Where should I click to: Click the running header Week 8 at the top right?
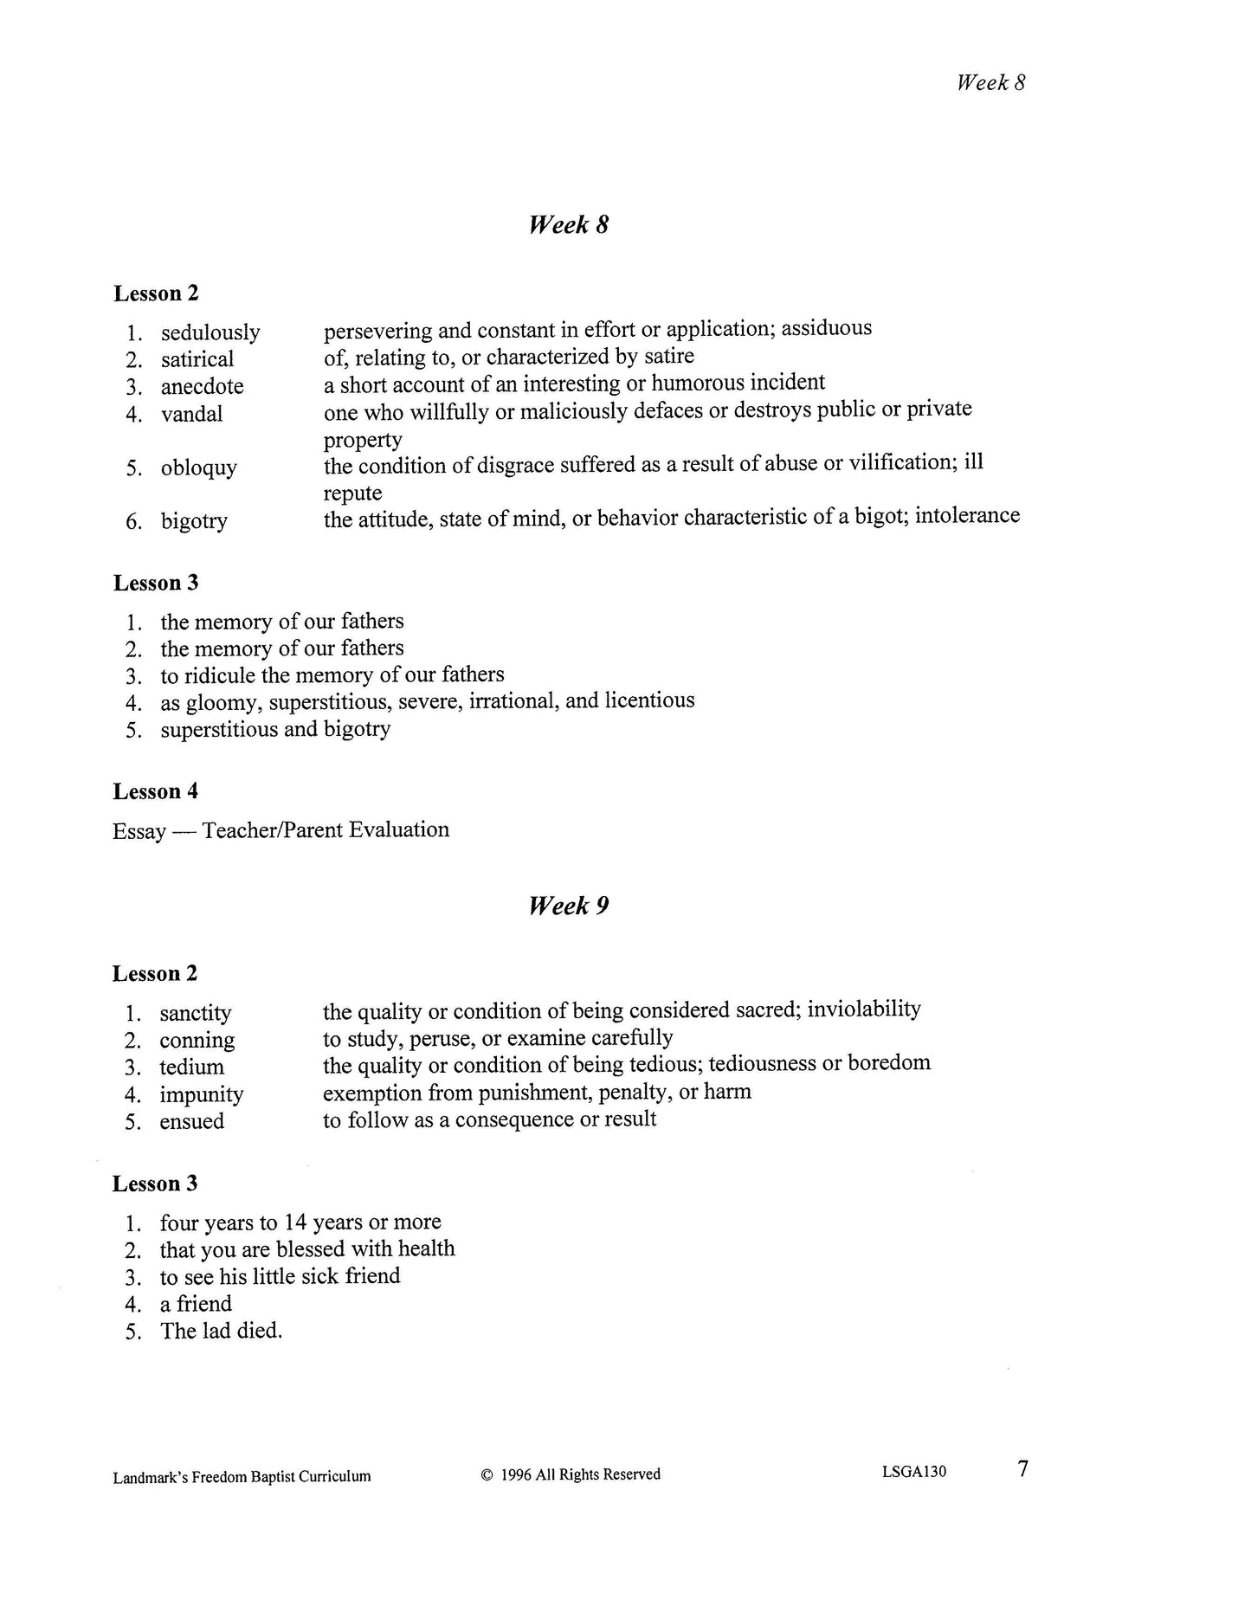[x=990, y=83]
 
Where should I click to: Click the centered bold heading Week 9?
[x=568, y=906]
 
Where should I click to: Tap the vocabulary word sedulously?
[x=210, y=332]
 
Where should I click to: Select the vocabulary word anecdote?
[x=202, y=386]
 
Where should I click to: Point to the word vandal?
[x=191, y=414]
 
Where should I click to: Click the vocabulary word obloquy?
[x=198, y=468]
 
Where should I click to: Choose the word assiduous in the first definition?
[x=827, y=328]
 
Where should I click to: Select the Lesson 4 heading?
[x=155, y=791]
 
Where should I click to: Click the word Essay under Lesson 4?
[x=139, y=831]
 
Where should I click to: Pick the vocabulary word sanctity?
[x=195, y=1013]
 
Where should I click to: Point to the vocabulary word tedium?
[x=191, y=1067]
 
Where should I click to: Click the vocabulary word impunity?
[x=201, y=1094]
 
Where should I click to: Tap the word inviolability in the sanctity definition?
[x=863, y=1009]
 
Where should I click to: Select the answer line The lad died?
[x=221, y=1331]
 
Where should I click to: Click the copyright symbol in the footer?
[x=487, y=1474]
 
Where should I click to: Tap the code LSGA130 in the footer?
[x=914, y=1472]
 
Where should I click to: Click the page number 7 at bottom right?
[x=1022, y=1469]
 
